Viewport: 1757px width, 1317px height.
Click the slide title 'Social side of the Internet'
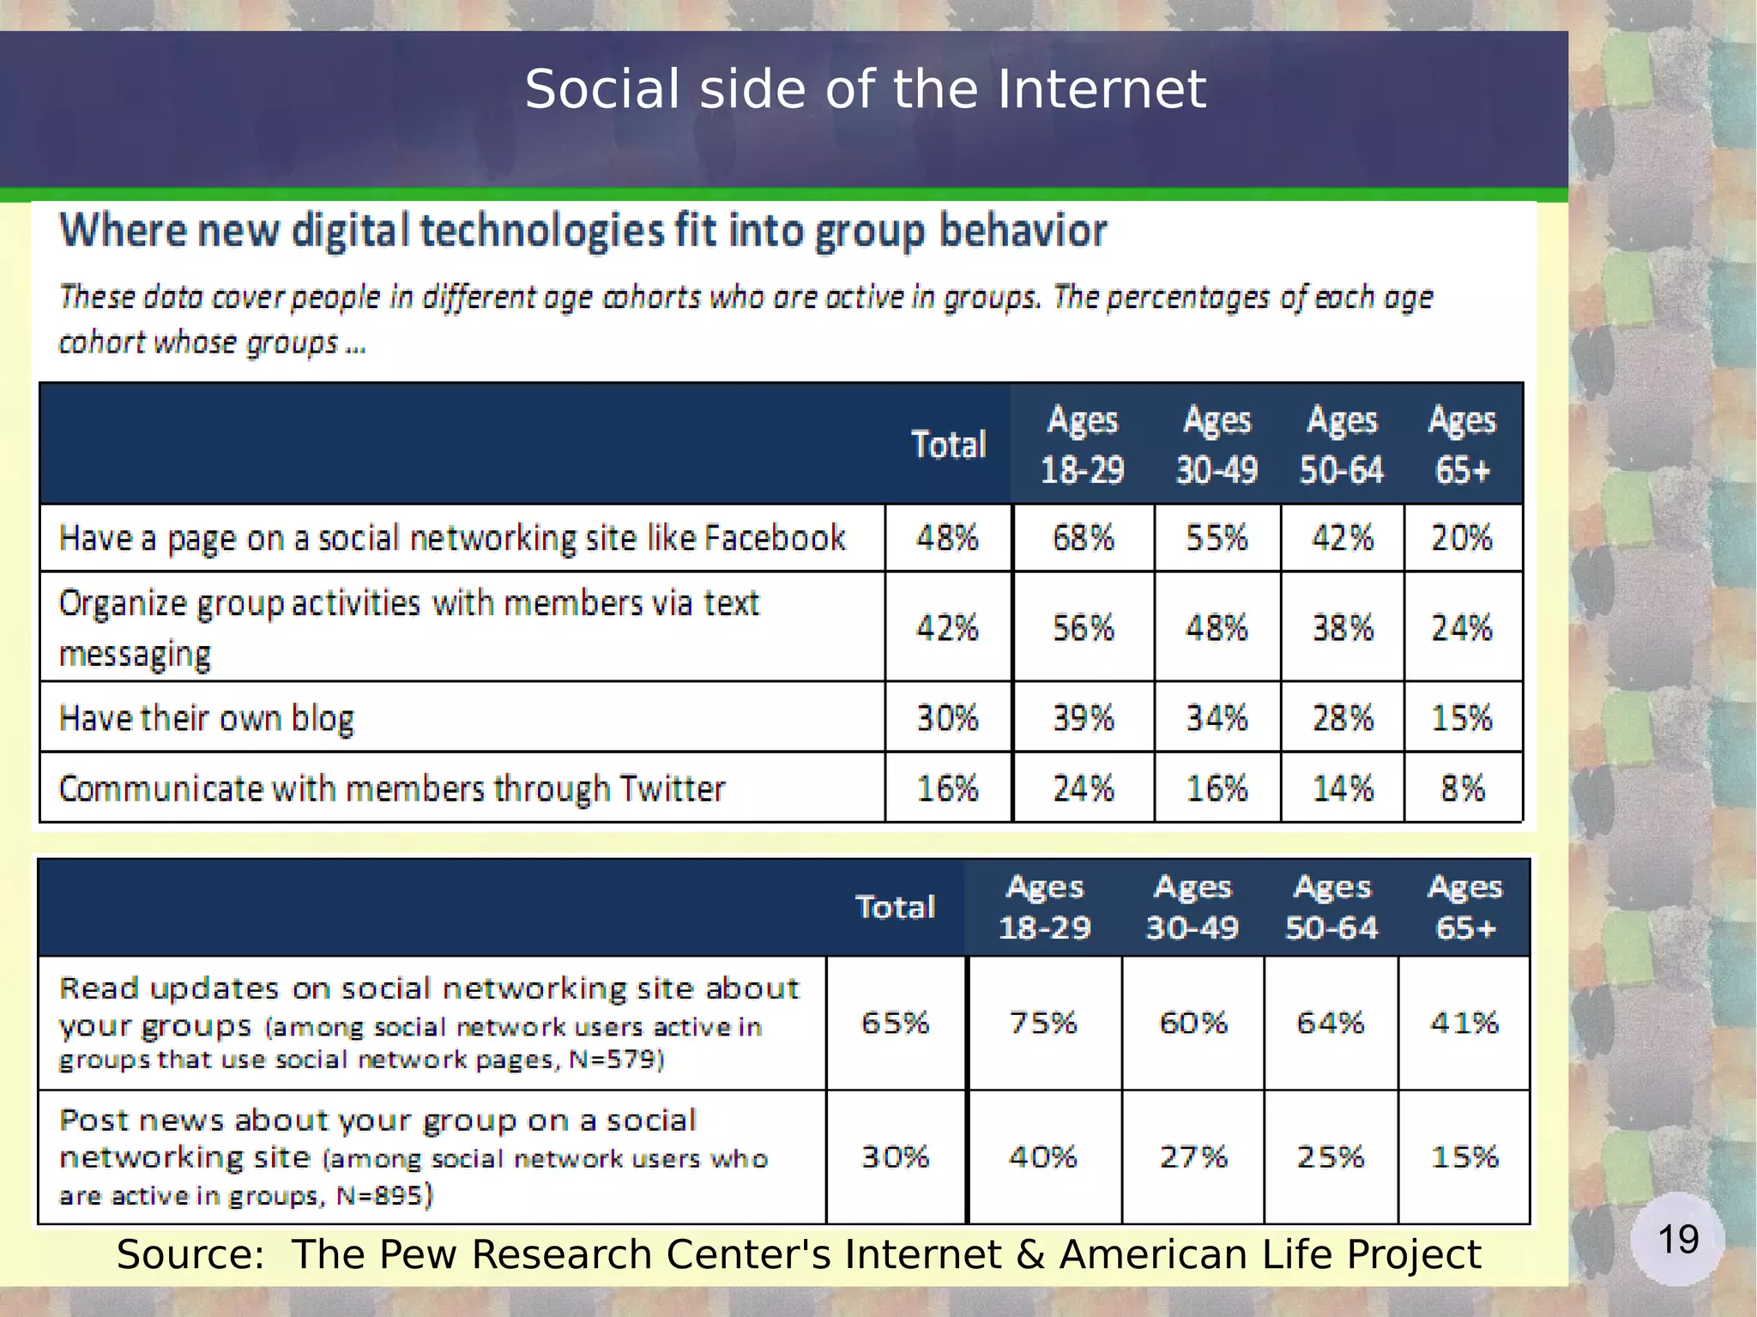[x=865, y=89]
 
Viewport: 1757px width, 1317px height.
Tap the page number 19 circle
[x=1677, y=1239]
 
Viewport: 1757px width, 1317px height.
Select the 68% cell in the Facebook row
[x=1083, y=538]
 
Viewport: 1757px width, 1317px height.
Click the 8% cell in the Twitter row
[x=1462, y=788]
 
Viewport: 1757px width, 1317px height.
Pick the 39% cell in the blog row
[x=1083, y=717]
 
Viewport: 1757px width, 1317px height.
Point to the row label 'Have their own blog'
[x=206, y=718]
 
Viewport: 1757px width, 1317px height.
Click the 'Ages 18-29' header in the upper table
[x=1082, y=444]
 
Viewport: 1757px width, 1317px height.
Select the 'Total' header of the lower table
[x=895, y=907]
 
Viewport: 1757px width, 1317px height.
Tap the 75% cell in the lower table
[x=1042, y=1023]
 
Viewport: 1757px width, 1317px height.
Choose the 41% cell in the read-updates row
[x=1464, y=1023]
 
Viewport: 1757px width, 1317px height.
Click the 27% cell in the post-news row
[x=1192, y=1157]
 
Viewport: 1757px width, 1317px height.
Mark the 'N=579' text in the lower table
[x=614, y=1060]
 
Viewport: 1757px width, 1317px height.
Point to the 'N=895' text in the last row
[x=380, y=1195]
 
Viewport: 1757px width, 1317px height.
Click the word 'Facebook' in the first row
[x=775, y=538]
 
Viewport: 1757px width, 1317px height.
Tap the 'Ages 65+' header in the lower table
[x=1464, y=907]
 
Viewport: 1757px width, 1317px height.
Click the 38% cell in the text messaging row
[x=1342, y=628]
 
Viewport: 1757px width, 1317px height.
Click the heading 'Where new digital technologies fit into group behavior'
[x=583, y=231]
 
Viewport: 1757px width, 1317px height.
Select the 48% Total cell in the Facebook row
[x=947, y=538]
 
